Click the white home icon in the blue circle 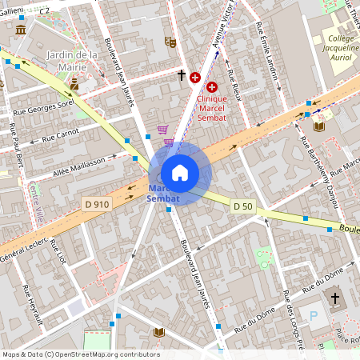(x=179, y=173)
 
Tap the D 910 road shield (x=97, y=204)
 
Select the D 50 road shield (x=243, y=206)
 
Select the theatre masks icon (x=170, y=42)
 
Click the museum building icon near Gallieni (x=20, y=30)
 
